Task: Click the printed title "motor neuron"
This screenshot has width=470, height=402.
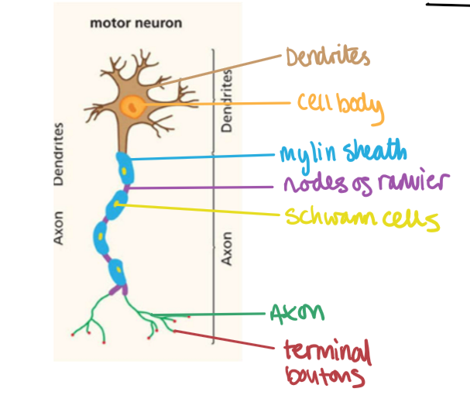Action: pos(136,23)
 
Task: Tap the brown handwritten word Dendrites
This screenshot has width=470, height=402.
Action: pos(328,57)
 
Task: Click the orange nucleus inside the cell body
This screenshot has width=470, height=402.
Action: pos(132,105)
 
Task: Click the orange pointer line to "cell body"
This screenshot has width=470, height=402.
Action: pos(217,104)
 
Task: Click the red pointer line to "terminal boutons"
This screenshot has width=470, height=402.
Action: pos(225,341)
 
